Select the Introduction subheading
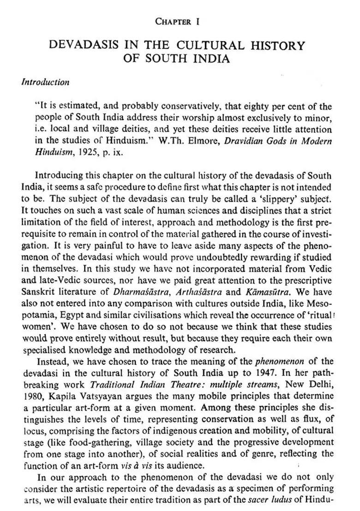46,83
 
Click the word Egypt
58,315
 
